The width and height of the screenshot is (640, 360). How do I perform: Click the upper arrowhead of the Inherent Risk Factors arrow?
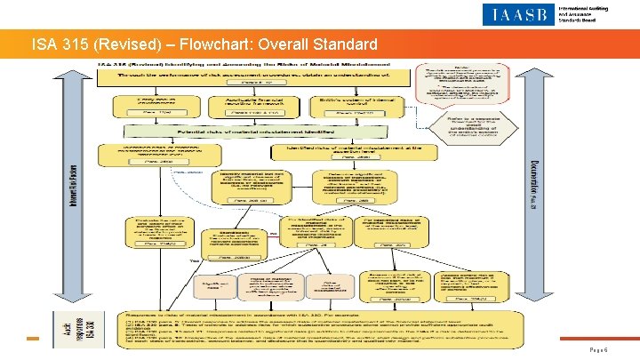click(x=74, y=73)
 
